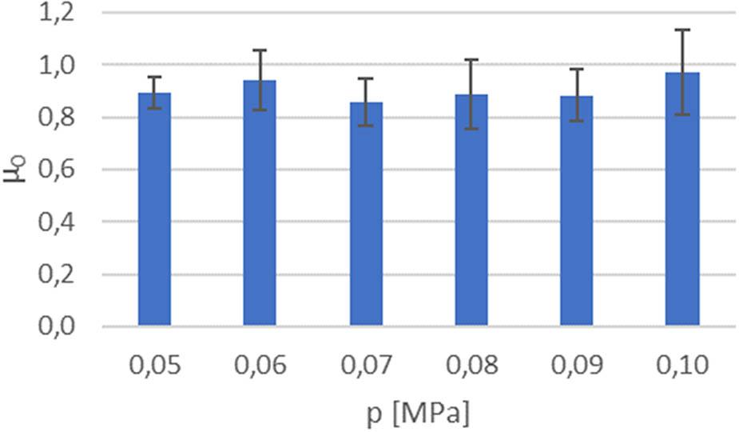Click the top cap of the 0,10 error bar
[x=681, y=30]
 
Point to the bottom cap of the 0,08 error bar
[x=471, y=129]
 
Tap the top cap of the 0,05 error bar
[x=154, y=77]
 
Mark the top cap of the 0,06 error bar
[x=260, y=50]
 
